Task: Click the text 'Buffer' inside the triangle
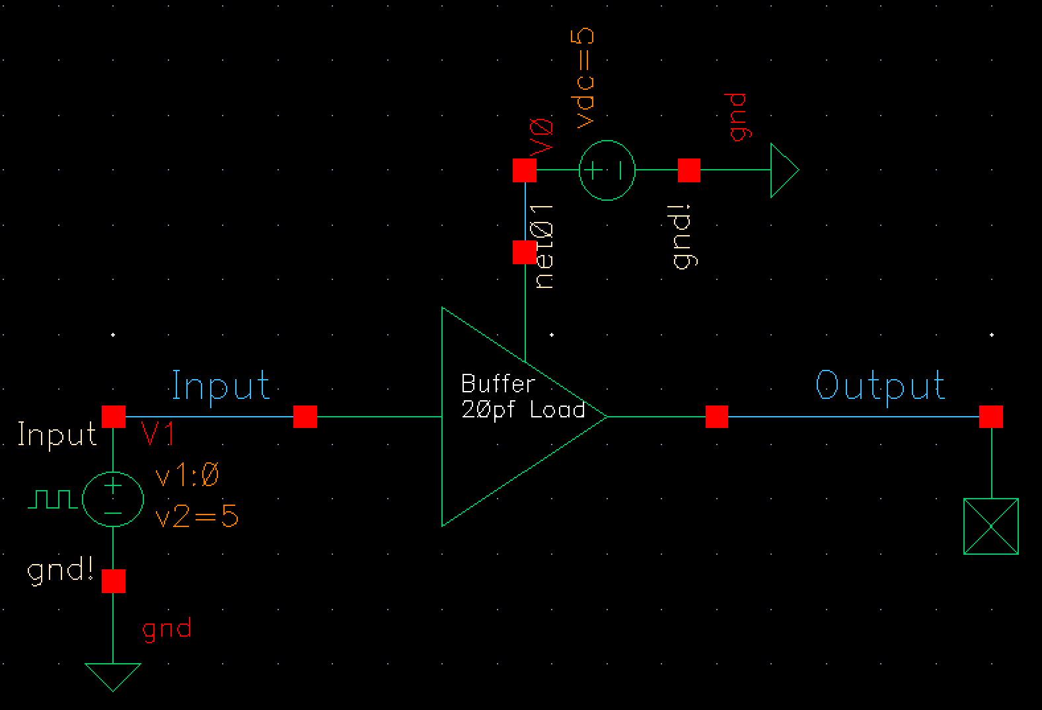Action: [x=498, y=383]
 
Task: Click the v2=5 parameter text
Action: [x=197, y=517]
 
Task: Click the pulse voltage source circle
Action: [x=113, y=499]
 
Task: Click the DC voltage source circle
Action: [x=607, y=170]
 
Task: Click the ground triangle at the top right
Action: [x=784, y=170]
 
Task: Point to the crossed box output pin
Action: [x=990, y=526]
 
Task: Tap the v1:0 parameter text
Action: [x=186, y=475]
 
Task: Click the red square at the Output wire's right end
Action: [x=990, y=417]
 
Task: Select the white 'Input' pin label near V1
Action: [x=57, y=435]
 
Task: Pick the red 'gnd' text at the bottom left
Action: [x=167, y=629]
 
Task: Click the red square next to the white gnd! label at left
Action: [x=113, y=581]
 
